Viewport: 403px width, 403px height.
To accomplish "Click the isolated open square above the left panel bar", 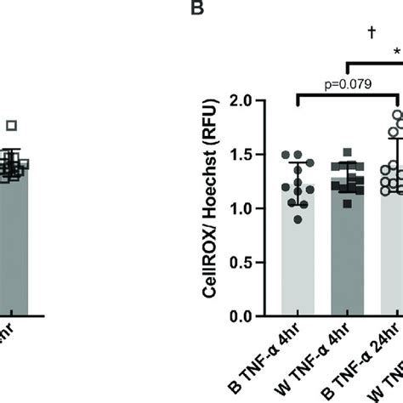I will (x=11, y=126).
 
